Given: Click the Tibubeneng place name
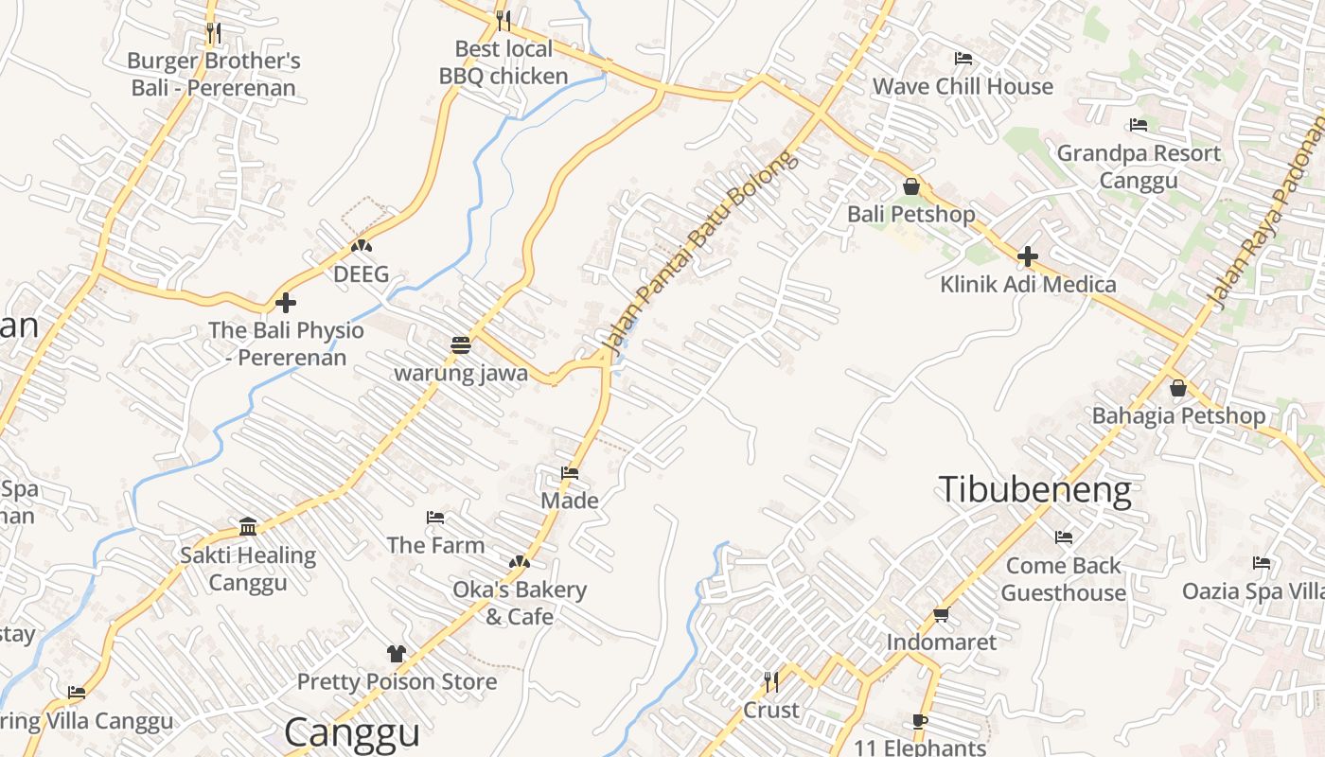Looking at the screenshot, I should coord(1034,490).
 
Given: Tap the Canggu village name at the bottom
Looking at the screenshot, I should coord(351,732).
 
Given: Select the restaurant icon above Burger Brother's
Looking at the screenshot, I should coord(213,34).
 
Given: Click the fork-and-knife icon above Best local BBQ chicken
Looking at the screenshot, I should coord(503,20).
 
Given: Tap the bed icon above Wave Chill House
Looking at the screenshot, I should coord(963,59).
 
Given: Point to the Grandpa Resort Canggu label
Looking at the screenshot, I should coord(1139,166).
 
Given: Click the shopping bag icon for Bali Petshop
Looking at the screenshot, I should coord(910,186).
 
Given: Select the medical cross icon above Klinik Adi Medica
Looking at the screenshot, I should coord(1028,255).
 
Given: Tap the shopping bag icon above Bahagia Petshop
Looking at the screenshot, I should coord(1178,388).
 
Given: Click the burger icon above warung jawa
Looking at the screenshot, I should coord(461,345).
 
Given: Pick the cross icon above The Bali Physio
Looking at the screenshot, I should coord(286,303).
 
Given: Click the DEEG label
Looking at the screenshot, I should coord(361,274).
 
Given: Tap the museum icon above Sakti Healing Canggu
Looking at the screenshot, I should coord(248,526).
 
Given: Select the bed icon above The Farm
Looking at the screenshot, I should coord(435,518).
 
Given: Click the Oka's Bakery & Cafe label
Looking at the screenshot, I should coord(520,603).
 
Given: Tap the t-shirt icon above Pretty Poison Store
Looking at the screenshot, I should coord(396,654).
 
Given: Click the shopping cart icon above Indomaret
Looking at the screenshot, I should coord(941,615).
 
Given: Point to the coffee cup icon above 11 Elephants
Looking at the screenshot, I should coord(919,721).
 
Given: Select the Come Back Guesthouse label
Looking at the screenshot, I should coord(1063,579).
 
